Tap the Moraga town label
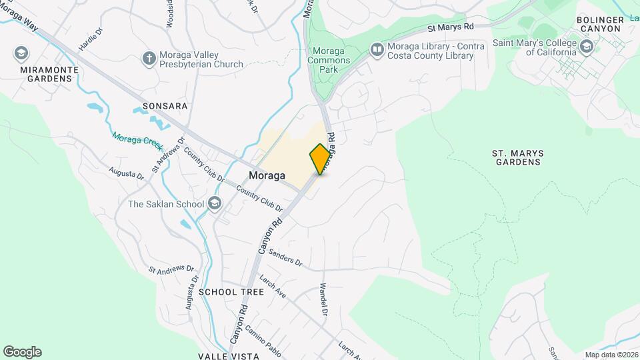point(267,175)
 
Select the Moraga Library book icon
point(377,49)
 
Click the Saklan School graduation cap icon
point(215,203)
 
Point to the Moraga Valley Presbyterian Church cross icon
point(149,59)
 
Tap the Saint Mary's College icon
point(586,46)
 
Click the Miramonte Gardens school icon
point(21,53)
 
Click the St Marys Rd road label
point(450,27)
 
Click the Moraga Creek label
point(137,143)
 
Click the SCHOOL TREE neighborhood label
point(222,292)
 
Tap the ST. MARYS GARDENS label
point(518,157)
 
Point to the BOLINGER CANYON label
point(601,25)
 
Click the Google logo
point(22,352)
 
